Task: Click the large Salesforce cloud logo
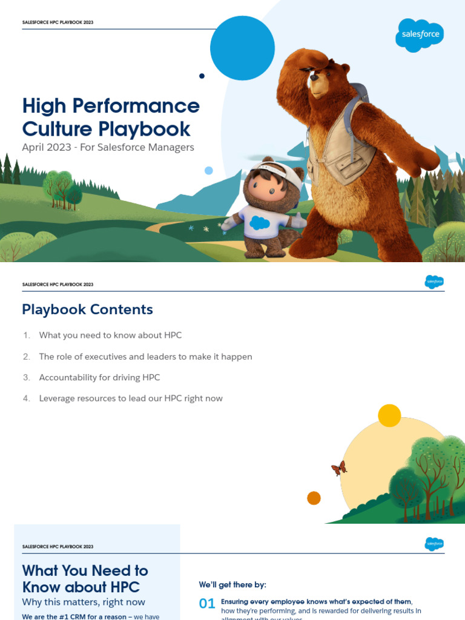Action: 420,35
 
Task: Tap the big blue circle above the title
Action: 242,48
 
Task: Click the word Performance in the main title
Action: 136,106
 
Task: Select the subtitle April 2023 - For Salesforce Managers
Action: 108,147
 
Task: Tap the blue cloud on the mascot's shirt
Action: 260,223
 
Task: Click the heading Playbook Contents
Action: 87,309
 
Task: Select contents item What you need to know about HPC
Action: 110,335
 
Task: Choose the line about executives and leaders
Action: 145,357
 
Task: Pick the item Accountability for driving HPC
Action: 99,378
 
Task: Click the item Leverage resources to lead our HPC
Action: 131,398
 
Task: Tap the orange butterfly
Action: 339,468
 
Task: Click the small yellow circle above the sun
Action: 389,415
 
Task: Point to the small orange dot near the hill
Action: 314,498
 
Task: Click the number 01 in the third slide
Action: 207,603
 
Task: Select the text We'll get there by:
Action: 232,585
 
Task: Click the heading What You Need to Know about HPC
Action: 85,579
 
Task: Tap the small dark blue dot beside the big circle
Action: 202,76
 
